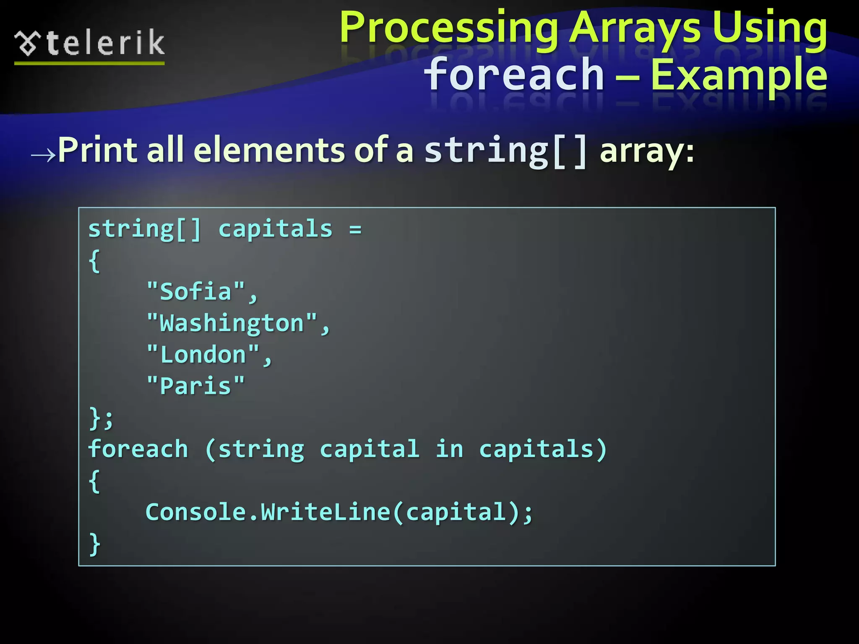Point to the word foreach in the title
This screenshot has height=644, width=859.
click(514, 75)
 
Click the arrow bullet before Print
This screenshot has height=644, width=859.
click(43, 155)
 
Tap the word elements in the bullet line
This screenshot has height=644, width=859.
click(268, 150)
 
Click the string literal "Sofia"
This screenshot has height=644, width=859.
click(195, 291)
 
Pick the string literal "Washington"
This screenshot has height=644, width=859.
click(232, 323)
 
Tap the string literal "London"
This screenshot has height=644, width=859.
click(203, 355)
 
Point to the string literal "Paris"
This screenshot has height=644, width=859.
click(195, 386)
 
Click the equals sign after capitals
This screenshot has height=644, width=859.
click(355, 229)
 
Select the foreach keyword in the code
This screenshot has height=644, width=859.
click(138, 449)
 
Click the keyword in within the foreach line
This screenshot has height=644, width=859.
click(449, 449)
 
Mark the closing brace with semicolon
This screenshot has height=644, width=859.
click(101, 418)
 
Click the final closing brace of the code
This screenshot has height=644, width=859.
click(95, 544)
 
